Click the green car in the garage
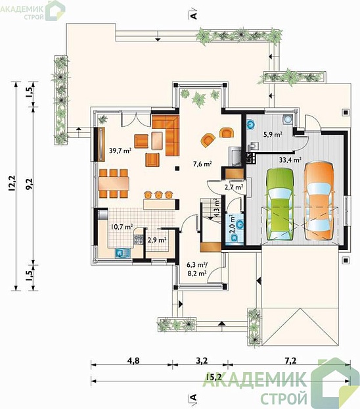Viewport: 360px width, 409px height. click(280, 204)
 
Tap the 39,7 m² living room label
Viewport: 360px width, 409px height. click(120, 151)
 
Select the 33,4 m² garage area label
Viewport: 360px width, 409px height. click(290, 160)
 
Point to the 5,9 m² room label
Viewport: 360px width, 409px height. click(273, 135)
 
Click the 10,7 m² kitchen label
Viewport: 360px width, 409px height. click(122, 226)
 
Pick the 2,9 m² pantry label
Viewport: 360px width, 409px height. click(157, 240)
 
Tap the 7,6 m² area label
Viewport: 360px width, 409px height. click(202, 164)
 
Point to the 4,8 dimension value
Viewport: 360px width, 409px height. click(133, 361)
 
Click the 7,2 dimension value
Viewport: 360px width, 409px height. click(290, 361)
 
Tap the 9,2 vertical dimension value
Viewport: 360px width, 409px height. click(29, 184)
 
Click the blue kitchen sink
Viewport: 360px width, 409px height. click(123, 253)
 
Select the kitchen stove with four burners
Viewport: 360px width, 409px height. click(138, 239)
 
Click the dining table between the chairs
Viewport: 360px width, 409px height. click(114, 183)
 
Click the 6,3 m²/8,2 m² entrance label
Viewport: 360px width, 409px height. click(197, 269)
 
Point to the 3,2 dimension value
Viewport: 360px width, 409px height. click(202, 361)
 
